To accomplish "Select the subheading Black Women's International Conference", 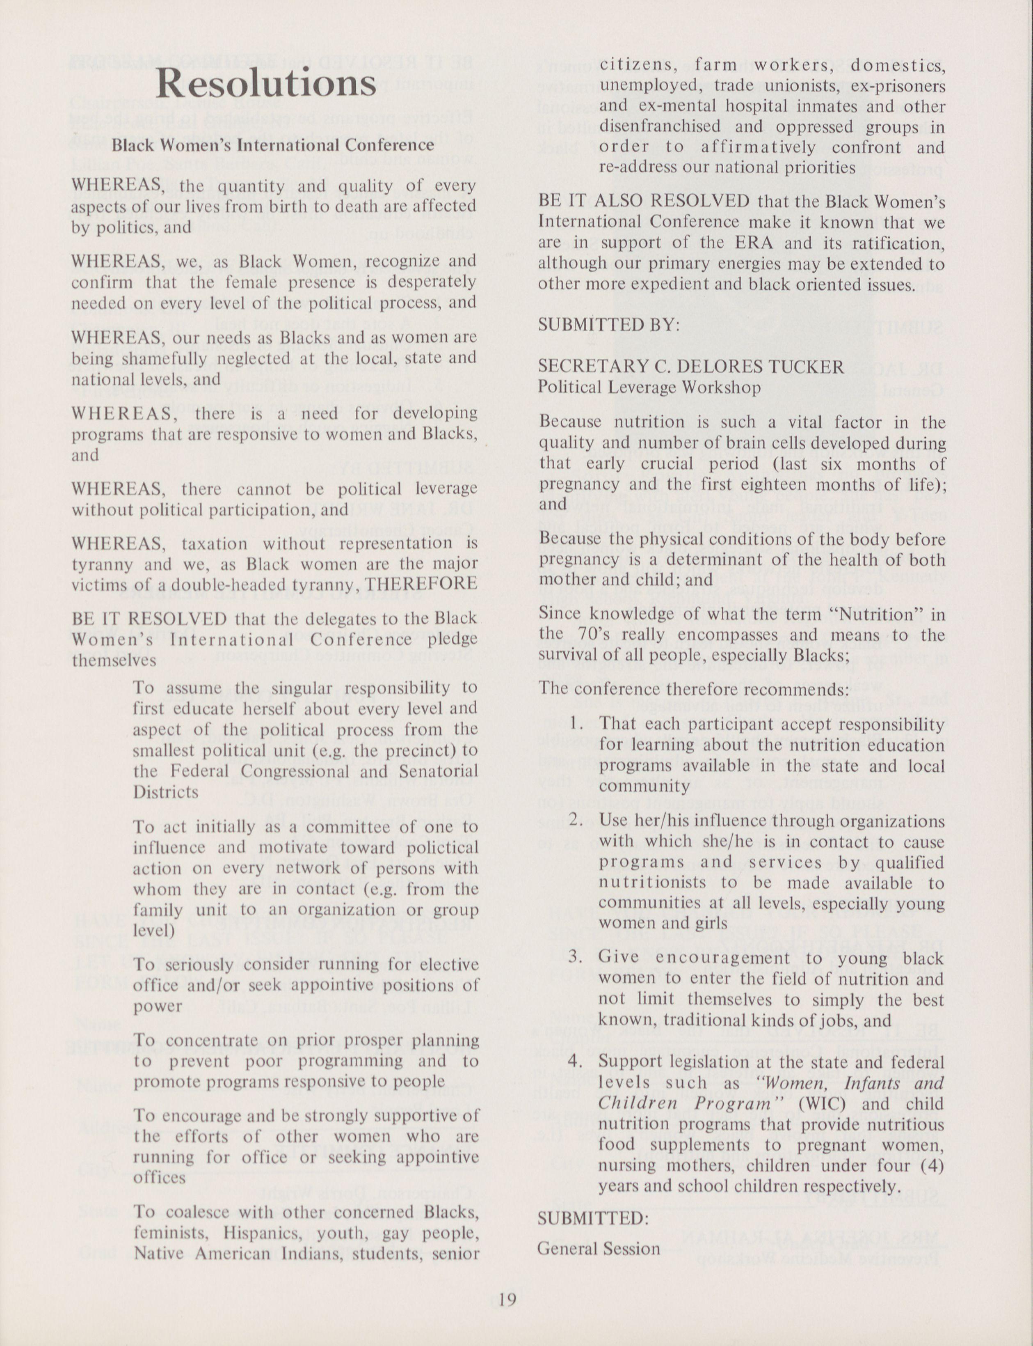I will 272,145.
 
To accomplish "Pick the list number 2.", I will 576,820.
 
